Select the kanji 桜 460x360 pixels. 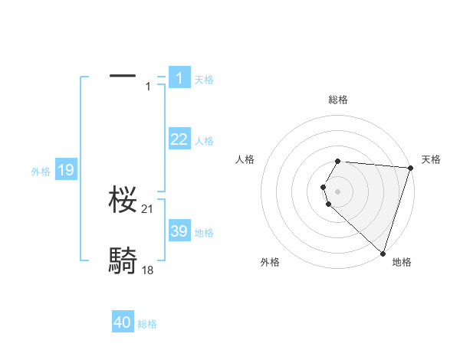tap(123, 201)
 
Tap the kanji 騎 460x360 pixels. tap(123, 260)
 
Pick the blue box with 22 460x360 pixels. tap(179, 139)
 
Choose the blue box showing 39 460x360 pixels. tap(179, 231)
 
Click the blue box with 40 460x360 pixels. tap(123, 322)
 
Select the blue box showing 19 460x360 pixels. tap(66, 170)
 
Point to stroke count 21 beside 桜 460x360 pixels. tap(148, 210)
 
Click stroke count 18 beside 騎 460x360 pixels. tap(148, 270)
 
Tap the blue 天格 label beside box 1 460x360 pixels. tap(204, 80)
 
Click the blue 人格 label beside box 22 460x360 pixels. tap(204, 141)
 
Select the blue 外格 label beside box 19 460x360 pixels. tap(41, 172)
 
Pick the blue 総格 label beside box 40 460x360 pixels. tap(147, 324)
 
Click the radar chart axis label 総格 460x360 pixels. tap(338, 100)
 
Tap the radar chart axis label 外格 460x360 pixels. tap(270, 263)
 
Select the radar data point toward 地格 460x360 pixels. tap(382, 252)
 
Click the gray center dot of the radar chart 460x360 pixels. tap(338, 191)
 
